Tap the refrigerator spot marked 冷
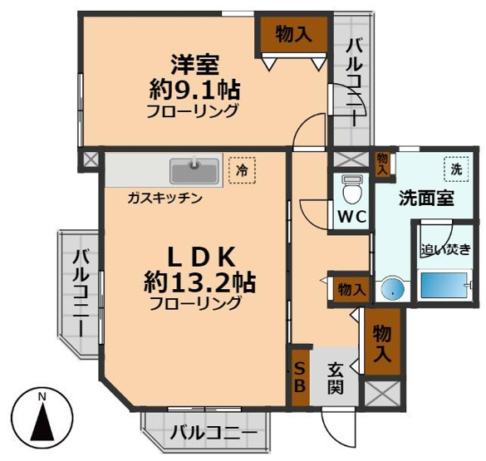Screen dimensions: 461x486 (x=242, y=170)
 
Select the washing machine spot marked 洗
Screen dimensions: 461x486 (x=454, y=167)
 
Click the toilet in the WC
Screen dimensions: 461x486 (x=351, y=192)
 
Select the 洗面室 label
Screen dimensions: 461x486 (x=425, y=199)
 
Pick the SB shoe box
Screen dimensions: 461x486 (x=299, y=379)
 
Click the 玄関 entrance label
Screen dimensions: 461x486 (x=335, y=376)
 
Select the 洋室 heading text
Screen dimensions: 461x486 (x=194, y=61)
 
